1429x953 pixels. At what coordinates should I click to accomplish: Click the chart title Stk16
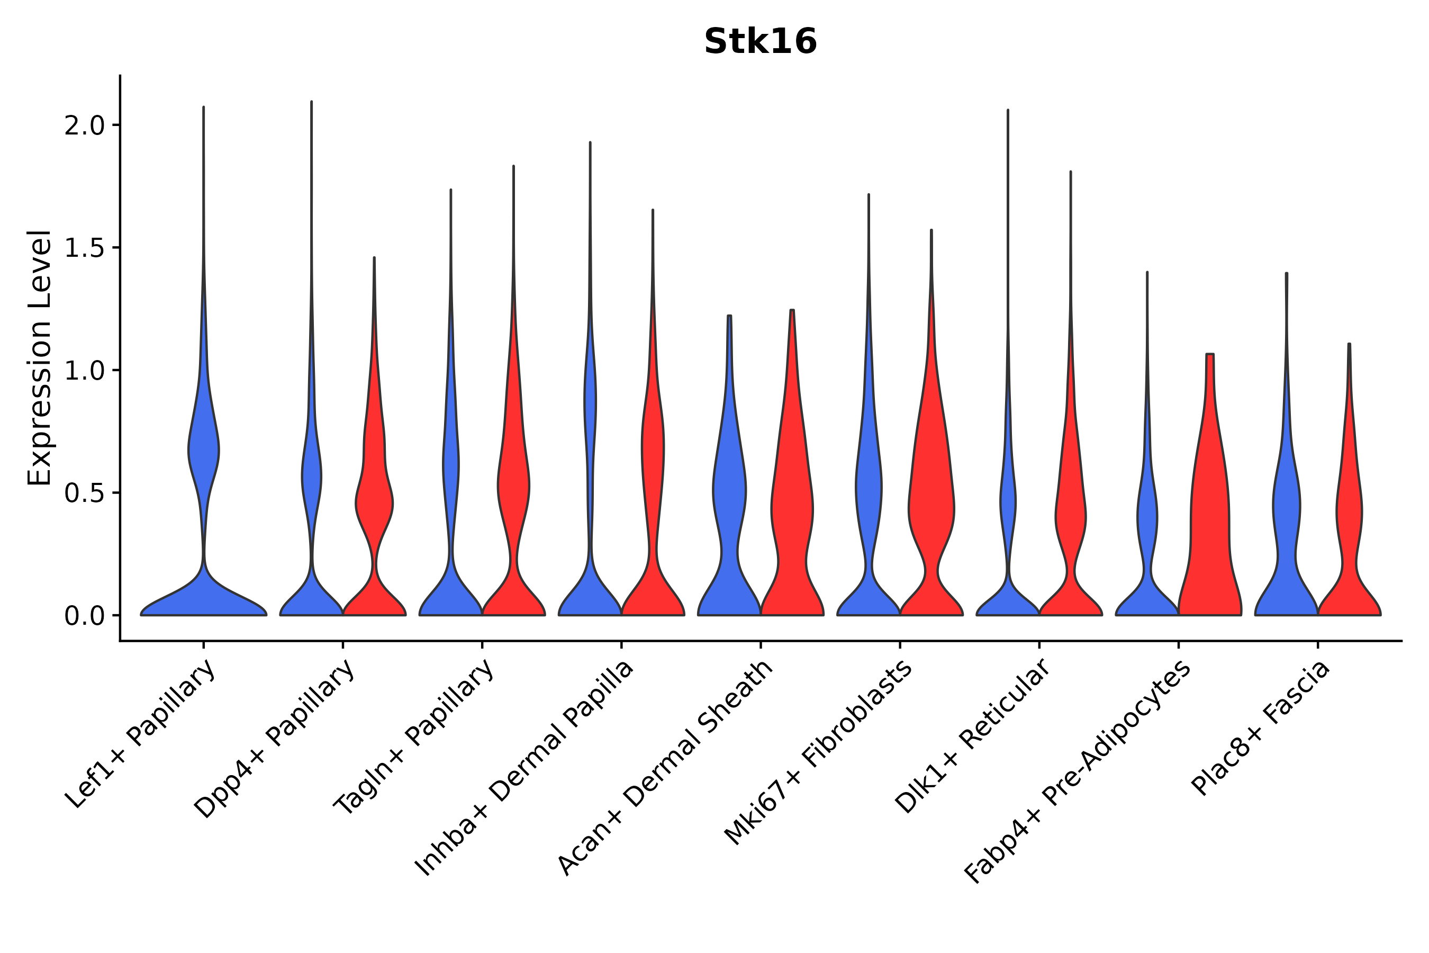pos(760,42)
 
